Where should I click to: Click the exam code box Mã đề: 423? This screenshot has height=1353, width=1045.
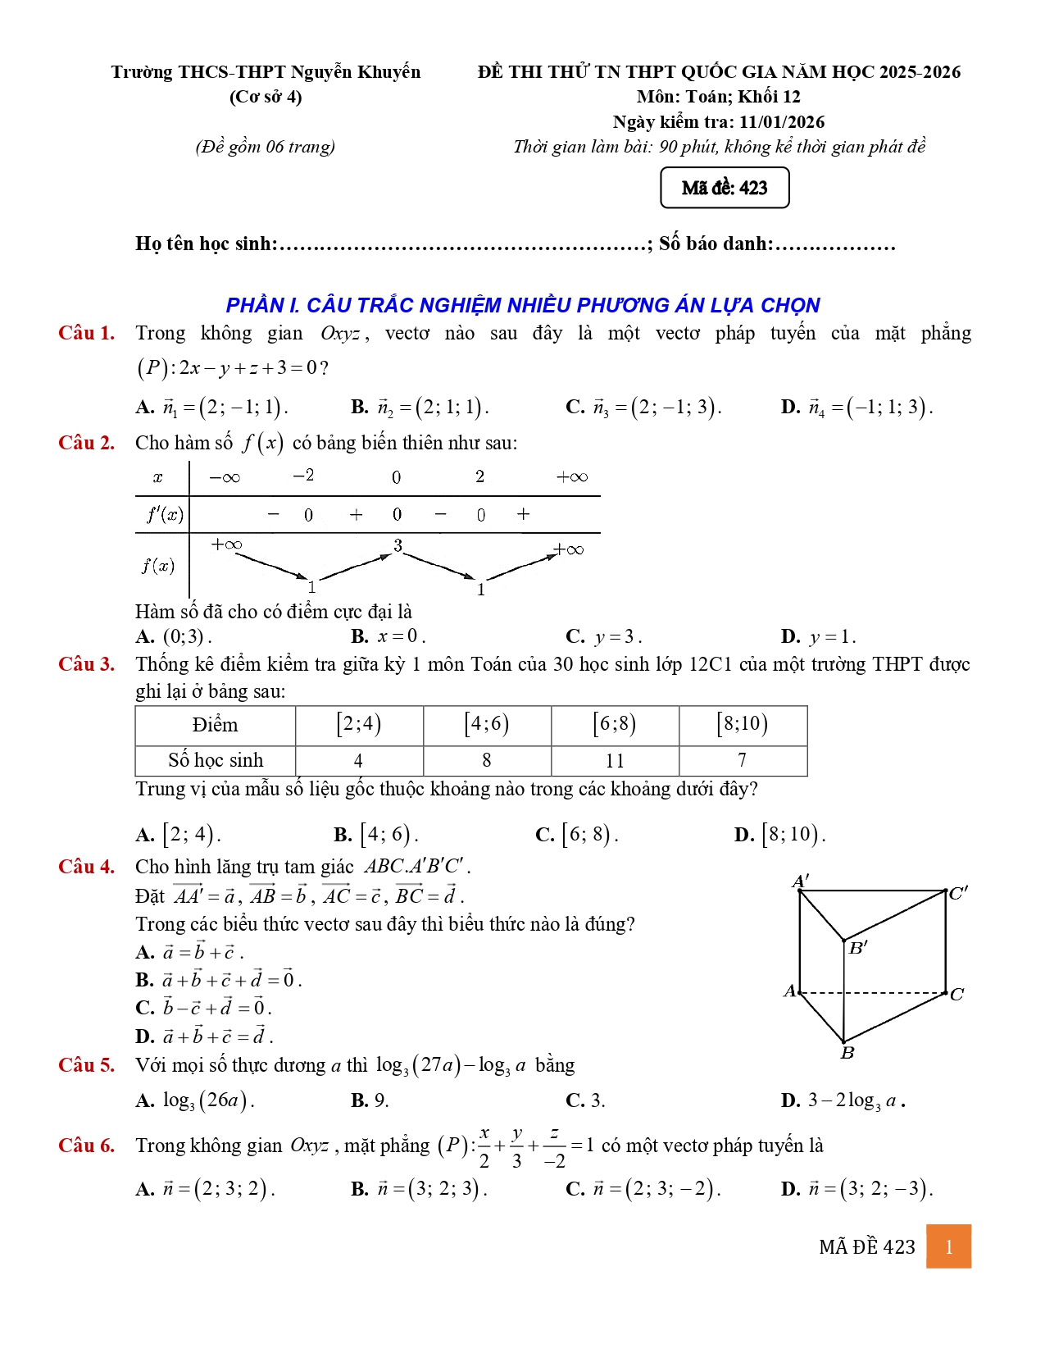click(x=725, y=188)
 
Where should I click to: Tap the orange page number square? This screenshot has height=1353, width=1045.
click(x=948, y=1246)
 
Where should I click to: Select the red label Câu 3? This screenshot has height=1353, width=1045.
click(x=86, y=664)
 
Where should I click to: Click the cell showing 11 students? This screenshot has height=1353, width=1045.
click(x=615, y=761)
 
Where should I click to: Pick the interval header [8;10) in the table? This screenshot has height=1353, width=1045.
click(x=743, y=725)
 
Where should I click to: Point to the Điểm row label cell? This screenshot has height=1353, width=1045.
click(x=215, y=725)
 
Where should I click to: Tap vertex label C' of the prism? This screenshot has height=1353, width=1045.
click(x=958, y=893)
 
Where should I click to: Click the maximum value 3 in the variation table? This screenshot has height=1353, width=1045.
click(x=398, y=545)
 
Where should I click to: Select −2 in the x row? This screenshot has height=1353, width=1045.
click(x=303, y=476)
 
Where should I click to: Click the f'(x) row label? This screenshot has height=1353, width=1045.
click(x=165, y=515)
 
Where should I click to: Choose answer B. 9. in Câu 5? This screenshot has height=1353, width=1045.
click(x=370, y=1100)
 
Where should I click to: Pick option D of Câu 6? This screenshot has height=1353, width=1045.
click(x=856, y=1189)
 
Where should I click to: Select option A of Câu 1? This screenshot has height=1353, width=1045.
click(x=211, y=407)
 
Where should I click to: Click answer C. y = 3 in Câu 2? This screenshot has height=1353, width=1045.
click(x=604, y=637)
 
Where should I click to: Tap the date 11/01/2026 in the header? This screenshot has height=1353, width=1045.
click(x=781, y=122)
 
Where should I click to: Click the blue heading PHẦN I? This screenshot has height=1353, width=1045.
click(x=522, y=305)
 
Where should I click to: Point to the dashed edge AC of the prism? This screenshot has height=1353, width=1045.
click(x=873, y=993)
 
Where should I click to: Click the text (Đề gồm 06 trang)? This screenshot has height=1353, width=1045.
click(x=266, y=147)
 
